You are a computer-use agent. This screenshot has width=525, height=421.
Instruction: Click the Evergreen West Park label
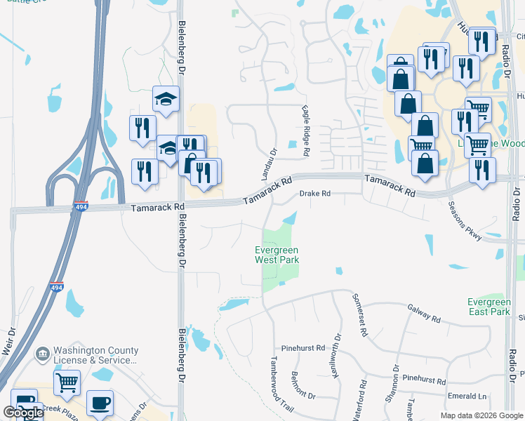coord(277,255)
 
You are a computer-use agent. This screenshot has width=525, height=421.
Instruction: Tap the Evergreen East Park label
coord(489,307)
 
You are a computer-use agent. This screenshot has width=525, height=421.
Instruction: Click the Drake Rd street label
coord(314,194)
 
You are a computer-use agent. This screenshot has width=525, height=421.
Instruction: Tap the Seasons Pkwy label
coord(465,221)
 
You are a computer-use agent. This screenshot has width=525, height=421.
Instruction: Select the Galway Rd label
coord(423,313)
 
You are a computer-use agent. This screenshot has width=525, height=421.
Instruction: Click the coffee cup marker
coord(99,403)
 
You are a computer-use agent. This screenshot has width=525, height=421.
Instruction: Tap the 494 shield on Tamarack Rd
coord(80,208)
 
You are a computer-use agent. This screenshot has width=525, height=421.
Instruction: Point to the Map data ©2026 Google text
coord(481,415)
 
